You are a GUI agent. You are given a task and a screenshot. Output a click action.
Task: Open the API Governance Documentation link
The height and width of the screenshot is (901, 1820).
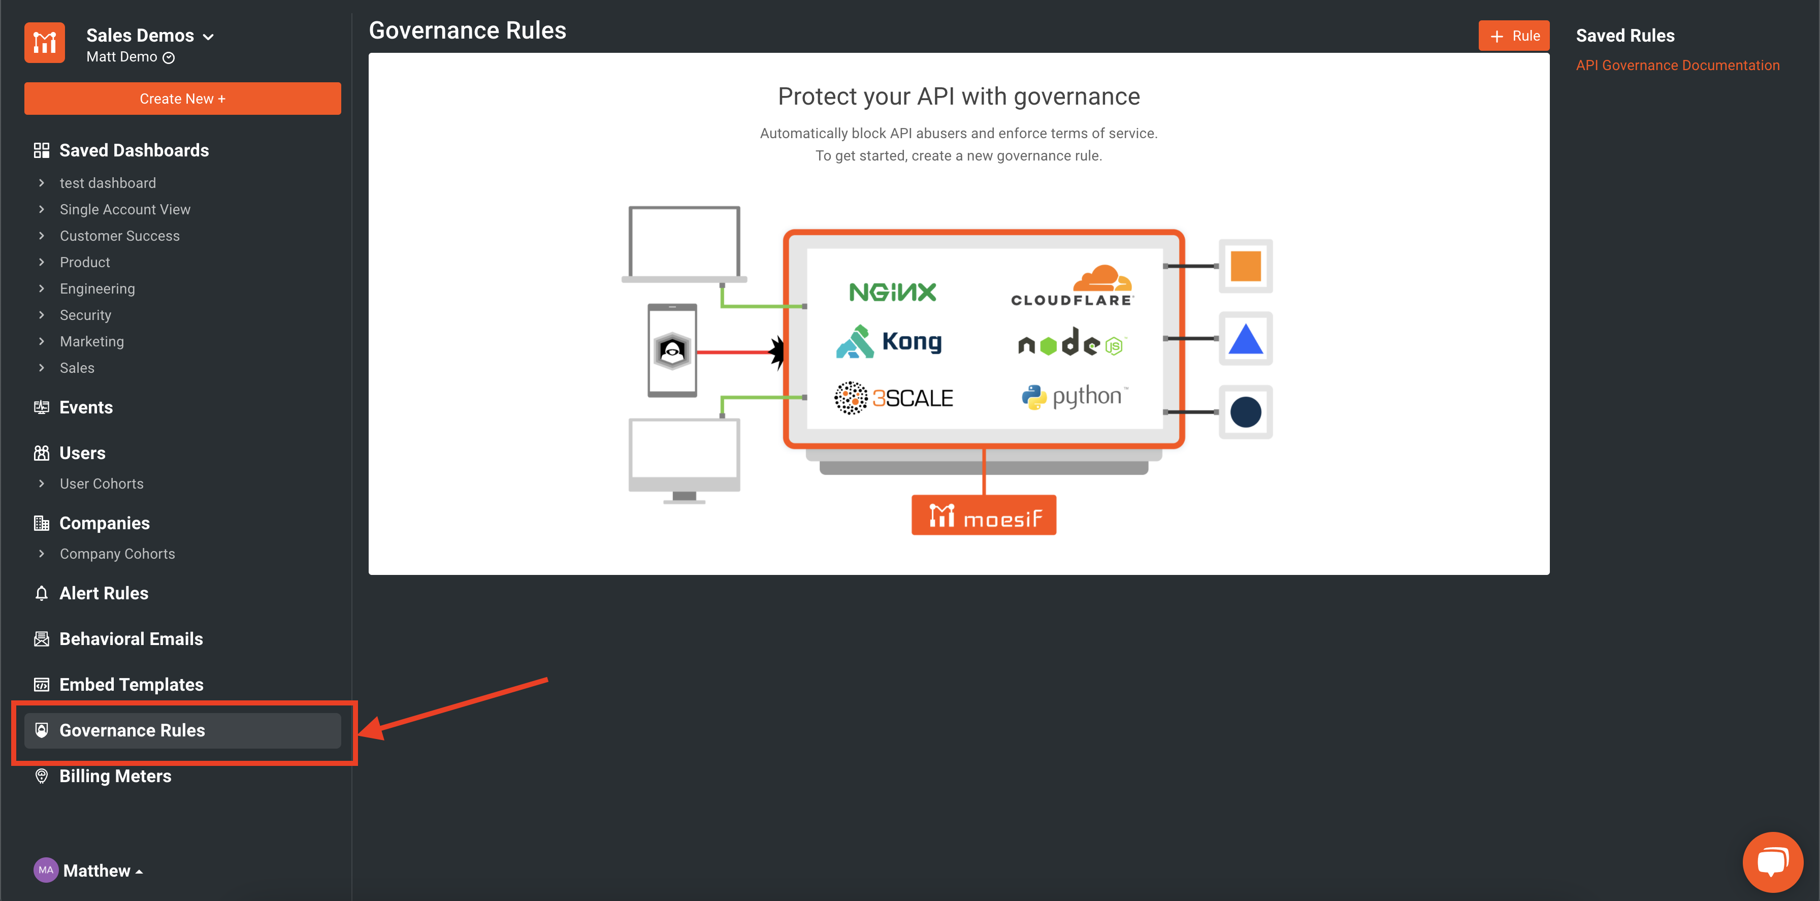point(1677,66)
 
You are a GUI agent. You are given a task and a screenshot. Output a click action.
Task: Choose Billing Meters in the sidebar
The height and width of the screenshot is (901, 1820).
point(115,776)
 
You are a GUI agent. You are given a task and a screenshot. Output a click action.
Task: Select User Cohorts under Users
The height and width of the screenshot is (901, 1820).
point(102,484)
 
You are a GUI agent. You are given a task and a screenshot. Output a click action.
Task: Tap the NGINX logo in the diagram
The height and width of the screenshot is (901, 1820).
point(892,292)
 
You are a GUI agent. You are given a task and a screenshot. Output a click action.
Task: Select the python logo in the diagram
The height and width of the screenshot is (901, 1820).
point(1075,397)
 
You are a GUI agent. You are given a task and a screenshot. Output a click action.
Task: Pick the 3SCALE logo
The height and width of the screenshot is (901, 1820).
point(894,398)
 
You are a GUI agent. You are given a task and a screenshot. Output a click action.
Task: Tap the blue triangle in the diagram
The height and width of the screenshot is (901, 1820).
point(1245,340)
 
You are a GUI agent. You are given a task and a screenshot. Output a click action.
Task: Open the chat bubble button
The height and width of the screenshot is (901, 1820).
point(1772,861)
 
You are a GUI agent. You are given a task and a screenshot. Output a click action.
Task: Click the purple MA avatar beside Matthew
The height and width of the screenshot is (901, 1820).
point(46,871)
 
